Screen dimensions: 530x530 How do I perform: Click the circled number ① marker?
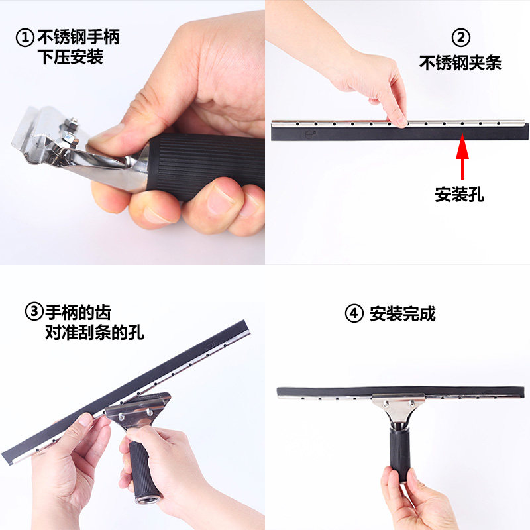[25, 38]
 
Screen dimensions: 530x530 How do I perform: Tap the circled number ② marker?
[461, 38]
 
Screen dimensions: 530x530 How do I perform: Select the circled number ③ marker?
[34, 311]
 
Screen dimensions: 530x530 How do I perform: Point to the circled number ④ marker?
[354, 313]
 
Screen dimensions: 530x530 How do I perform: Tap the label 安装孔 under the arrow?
[459, 194]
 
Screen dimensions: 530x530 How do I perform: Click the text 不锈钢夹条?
[460, 63]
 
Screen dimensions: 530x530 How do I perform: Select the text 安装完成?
[403, 313]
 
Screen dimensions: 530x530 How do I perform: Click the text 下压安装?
[70, 57]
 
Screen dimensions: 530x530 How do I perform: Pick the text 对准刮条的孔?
[95, 333]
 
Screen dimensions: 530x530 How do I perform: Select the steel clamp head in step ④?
[399, 407]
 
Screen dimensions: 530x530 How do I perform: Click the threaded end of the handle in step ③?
[148, 498]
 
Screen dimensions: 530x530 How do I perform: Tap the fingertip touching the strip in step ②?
[401, 121]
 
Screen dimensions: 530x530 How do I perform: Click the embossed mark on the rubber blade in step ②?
[311, 134]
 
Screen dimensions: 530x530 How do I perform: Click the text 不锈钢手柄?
[78, 37]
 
